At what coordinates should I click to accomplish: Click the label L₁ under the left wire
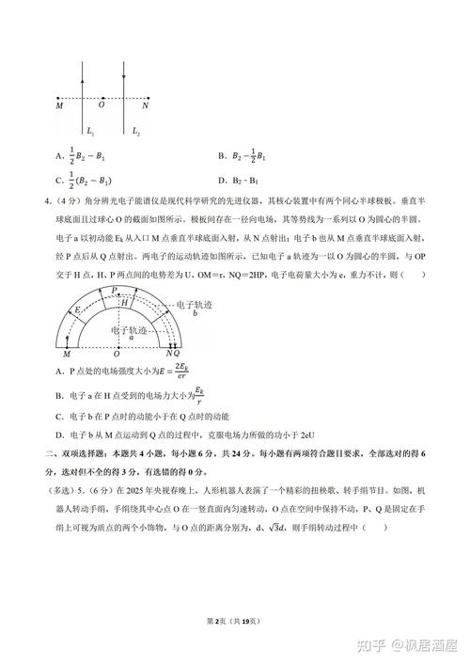[x=89, y=131]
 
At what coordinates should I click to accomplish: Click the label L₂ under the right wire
[x=136, y=131]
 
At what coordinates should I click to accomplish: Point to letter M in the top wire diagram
[x=60, y=106]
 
